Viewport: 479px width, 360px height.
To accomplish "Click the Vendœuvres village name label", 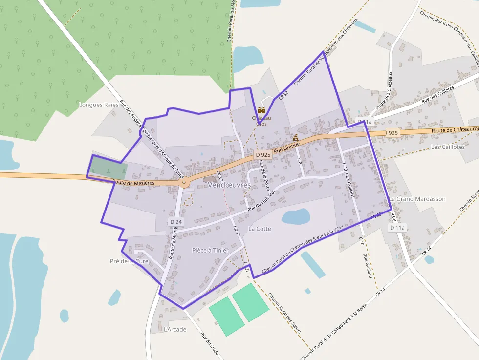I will (229, 185).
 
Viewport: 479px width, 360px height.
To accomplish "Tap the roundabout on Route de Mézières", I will (184, 183).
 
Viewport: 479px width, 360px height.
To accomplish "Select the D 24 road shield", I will (176, 222).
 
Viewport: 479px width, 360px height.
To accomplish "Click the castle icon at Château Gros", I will (261, 111).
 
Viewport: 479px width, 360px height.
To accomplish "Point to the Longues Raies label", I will (99, 105).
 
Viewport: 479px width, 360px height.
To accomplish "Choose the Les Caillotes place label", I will (448, 147).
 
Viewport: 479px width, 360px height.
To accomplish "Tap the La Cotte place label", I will (260, 229).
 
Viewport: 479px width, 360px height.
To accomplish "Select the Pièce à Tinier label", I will (210, 250).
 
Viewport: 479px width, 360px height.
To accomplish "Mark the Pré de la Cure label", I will (129, 261).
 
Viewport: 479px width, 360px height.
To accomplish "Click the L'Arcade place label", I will (175, 329).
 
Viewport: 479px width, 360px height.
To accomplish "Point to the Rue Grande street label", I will (286, 146).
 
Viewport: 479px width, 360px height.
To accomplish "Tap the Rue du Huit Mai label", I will (262, 201).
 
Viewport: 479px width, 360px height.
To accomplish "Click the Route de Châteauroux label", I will (455, 129).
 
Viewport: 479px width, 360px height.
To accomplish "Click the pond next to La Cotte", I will (296, 216).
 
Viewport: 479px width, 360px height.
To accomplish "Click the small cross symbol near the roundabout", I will (192, 186).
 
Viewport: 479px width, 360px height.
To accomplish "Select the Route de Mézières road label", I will (133, 182).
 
